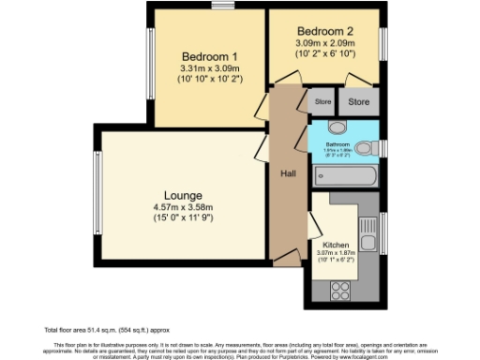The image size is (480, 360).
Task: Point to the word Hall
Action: click(288, 173)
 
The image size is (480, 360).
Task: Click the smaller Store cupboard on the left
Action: click(322, 101)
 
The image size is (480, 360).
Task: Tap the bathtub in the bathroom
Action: click(344, 174)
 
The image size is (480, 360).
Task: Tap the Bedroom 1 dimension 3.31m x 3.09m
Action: click(209, 68)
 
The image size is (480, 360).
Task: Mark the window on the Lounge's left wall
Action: click(97, 194)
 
